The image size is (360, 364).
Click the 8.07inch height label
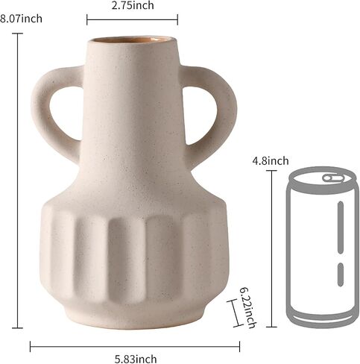[x=21, y=19]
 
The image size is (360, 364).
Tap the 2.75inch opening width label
[x=133, y=5]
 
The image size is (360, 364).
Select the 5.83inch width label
[x=136, y=359]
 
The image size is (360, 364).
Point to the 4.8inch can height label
[x=271, y=161]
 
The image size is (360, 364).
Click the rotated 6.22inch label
[x=247, y=308]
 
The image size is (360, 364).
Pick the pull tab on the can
[x=334, y=178]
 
